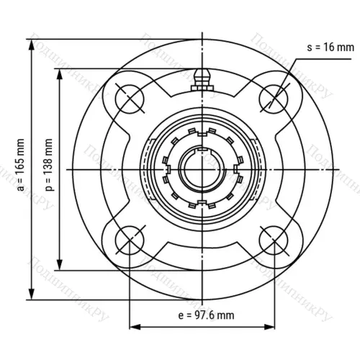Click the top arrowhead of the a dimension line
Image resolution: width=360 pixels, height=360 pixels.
[32, 42]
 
